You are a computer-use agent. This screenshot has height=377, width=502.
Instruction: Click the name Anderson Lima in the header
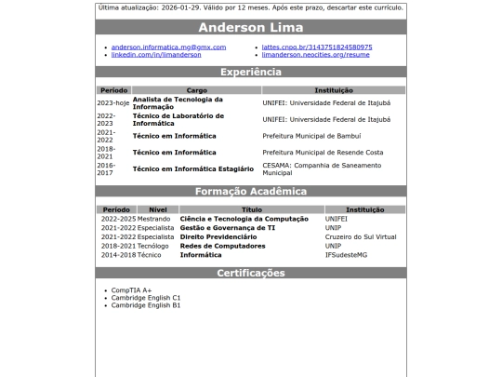pos(251,28)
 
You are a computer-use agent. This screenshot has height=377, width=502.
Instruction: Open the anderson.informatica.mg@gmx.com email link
pos(168,47)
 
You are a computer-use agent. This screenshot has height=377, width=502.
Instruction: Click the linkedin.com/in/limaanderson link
pos(156,55)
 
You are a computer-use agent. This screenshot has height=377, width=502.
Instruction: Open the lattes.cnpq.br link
pos(317,47)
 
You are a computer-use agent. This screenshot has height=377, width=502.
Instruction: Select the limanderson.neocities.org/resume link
pos(316,55)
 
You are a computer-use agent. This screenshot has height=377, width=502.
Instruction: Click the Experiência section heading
pos(251,72)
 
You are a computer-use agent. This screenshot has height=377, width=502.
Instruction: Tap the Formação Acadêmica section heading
pos(251,192)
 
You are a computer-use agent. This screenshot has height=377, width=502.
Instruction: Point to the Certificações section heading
pos(251,274)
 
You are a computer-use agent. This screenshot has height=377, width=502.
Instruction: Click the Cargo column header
pos(196,90)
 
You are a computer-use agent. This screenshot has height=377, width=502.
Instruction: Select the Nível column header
pos(158,210)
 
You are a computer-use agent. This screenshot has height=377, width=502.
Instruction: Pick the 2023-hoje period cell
pos(113,103)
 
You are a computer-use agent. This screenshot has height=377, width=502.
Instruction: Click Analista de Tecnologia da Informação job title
pos(178,103)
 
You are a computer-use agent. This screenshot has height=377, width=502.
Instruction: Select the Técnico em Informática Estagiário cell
pos(192,168)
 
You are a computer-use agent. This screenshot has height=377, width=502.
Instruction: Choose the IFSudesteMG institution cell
pos(346,254)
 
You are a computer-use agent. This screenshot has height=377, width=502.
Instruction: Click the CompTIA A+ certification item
pos(131,290)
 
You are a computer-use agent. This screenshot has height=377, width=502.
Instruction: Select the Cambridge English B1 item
pos(146,305)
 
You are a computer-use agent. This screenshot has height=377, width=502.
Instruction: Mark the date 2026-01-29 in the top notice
pos(175,7)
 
